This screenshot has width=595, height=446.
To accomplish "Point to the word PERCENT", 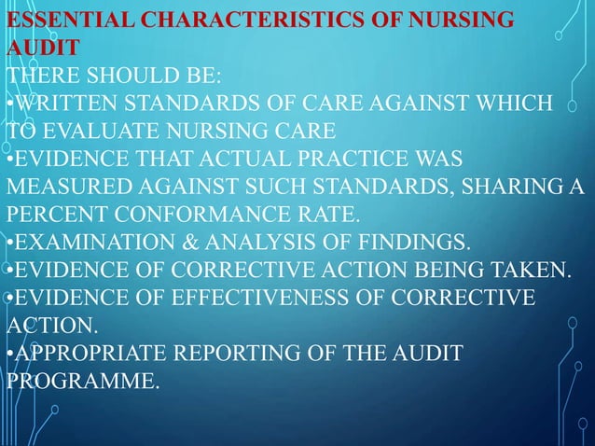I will pyautogui.click(x=54, y=210).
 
